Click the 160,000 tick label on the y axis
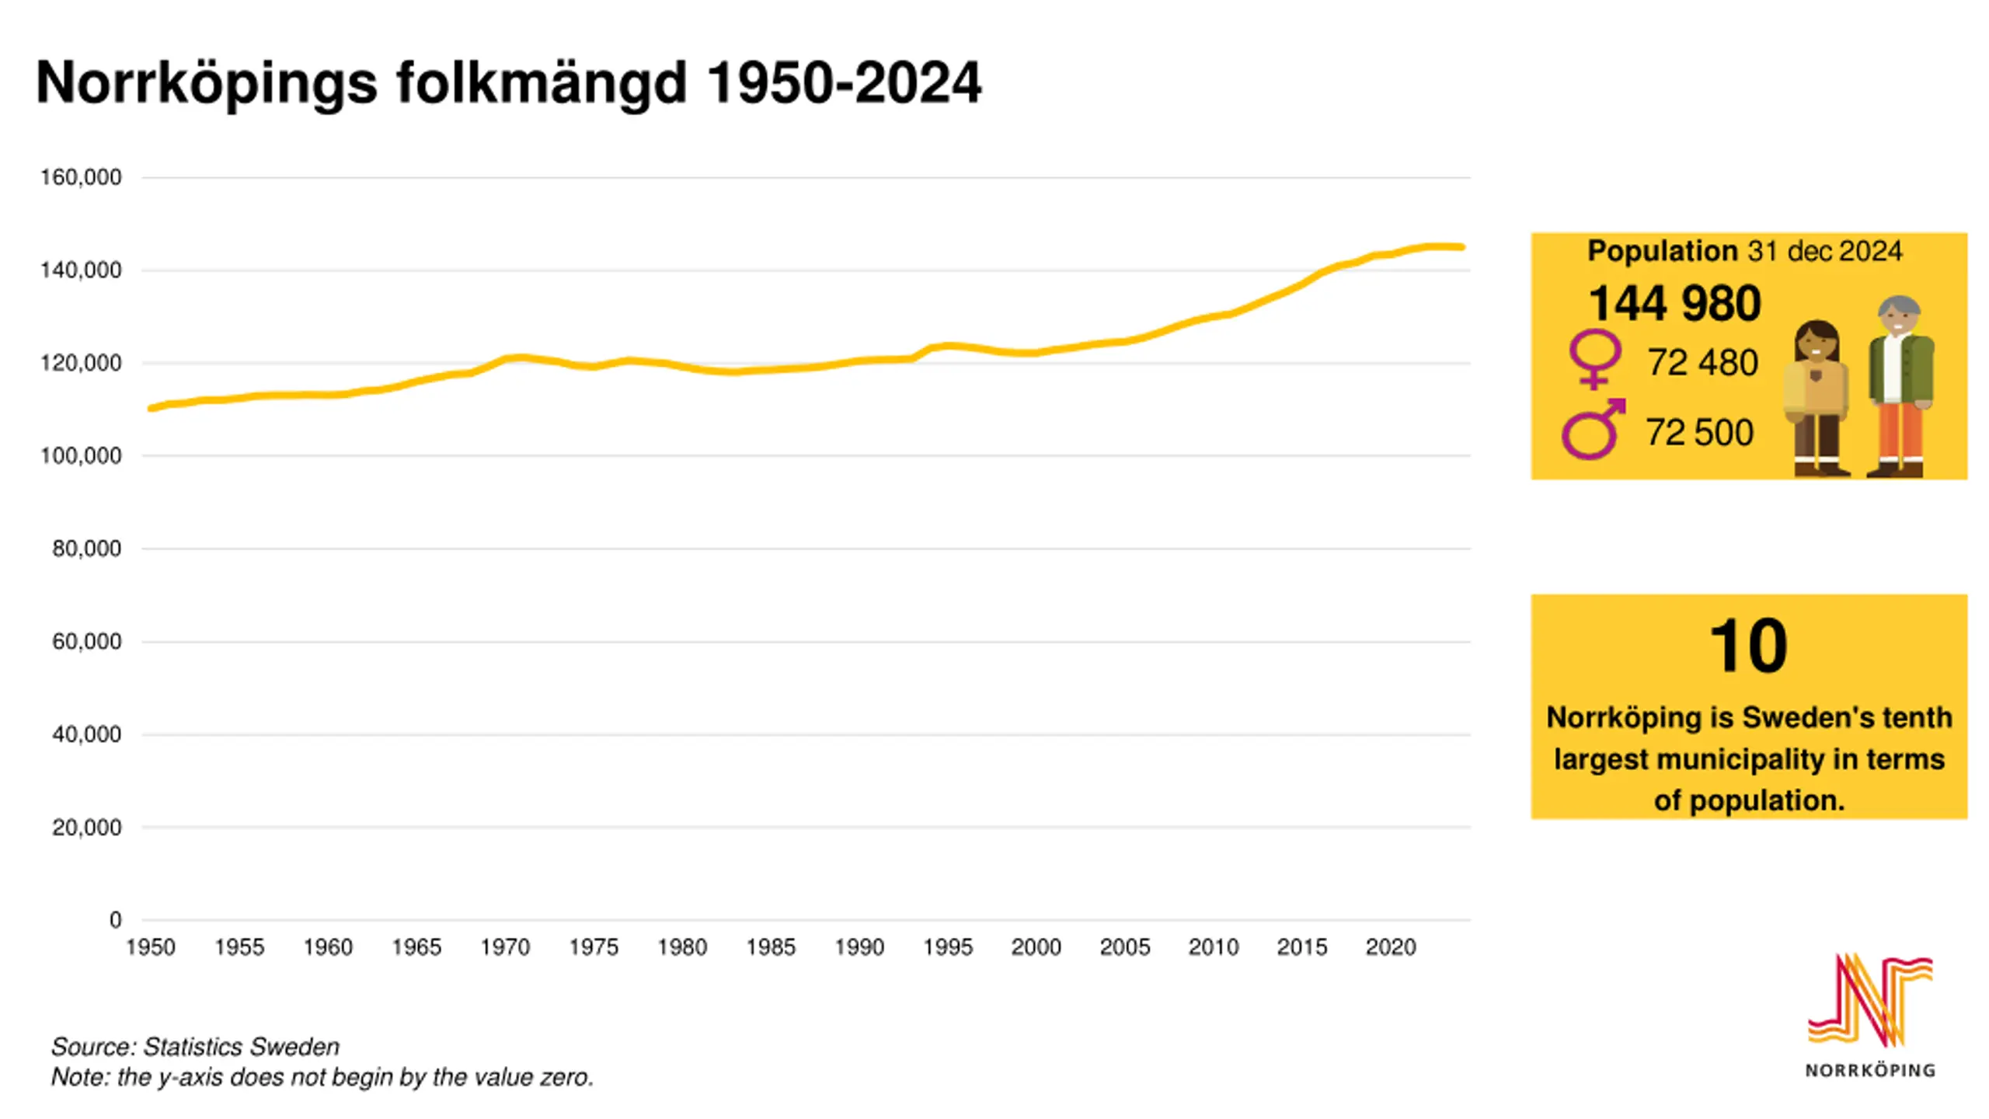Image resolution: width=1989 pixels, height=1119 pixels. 81,178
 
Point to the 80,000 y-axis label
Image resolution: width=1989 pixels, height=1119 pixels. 86,549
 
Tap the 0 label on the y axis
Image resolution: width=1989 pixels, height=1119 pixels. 115,920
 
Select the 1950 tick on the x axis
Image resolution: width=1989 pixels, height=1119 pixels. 151,947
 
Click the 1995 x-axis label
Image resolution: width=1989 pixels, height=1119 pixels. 948,947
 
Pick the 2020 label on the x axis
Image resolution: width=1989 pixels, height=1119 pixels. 1391,947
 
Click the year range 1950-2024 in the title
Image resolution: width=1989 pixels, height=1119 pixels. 845,83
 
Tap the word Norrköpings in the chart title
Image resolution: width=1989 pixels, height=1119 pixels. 207,83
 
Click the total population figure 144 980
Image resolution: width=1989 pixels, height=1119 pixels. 1674,303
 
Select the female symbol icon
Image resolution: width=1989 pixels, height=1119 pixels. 1595,359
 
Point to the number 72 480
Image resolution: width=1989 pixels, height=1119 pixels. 1702,363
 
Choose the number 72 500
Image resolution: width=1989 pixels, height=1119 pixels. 1699,433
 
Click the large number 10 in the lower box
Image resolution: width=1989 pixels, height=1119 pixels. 1748,646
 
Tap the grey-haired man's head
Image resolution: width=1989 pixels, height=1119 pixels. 1899,315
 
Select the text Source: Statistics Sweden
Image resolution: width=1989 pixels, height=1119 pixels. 196,1047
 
